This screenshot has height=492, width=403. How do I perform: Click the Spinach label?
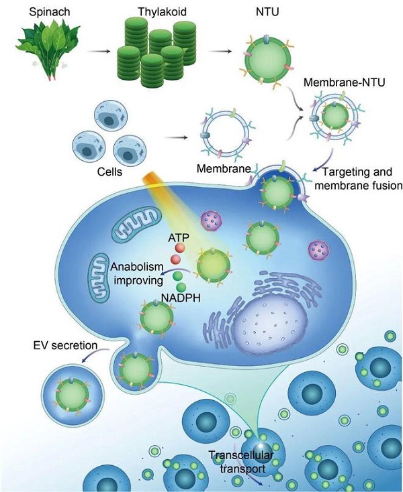pyautogui.click(x=49, y=12)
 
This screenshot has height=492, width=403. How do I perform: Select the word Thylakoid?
pyautogui.click(x=162, y=12)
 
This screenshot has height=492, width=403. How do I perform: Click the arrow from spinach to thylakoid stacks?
pyautogui.click(x=99, y=51)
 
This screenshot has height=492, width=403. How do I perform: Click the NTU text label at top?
pyautogui.click(x=267, y=11)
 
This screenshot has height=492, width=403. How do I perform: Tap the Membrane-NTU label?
pyautogui.click(x=344, y=82)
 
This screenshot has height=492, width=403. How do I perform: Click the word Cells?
pyautogui.click(x=109, y=172)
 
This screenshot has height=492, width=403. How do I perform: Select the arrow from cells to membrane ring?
pyautogui.click(x=176, y=137)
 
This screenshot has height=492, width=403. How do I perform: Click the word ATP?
pyautogui.click(x=179, y=237)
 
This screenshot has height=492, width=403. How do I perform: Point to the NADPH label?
pyautogui.click(x=181, y=298)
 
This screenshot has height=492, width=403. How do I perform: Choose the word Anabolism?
pyautogui.click(x=137, y=267)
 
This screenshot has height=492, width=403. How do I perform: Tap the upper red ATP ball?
pyautogui.click(x=180, y=248)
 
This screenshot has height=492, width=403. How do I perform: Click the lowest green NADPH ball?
pyautogui.click(x=181, y=287)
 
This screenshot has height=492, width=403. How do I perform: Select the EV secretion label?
pyautogui.click(x=65, y=345)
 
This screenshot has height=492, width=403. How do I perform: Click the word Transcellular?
pyautogui.click(x=241, y=455)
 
